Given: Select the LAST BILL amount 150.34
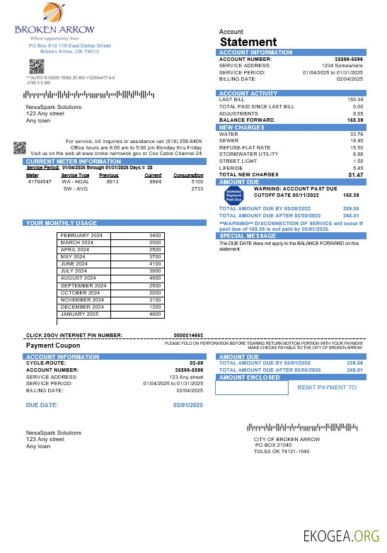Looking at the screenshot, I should coord(354,100).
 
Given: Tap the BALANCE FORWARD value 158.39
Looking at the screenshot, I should coord(354,120).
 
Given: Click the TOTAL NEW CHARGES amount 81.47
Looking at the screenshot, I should coord(355,174).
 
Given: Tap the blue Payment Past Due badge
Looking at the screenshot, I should coord(233,195).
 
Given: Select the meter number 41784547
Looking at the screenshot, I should coord(40,181).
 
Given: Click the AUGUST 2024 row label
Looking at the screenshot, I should coord(79,278).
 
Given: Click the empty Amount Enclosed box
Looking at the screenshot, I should coord(253,387).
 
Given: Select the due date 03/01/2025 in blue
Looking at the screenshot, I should coord(188,404).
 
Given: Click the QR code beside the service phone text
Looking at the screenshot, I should coord(20,148).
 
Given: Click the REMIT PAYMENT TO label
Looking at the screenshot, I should coord(328,387).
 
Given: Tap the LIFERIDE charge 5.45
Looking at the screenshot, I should coord(357,168).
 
